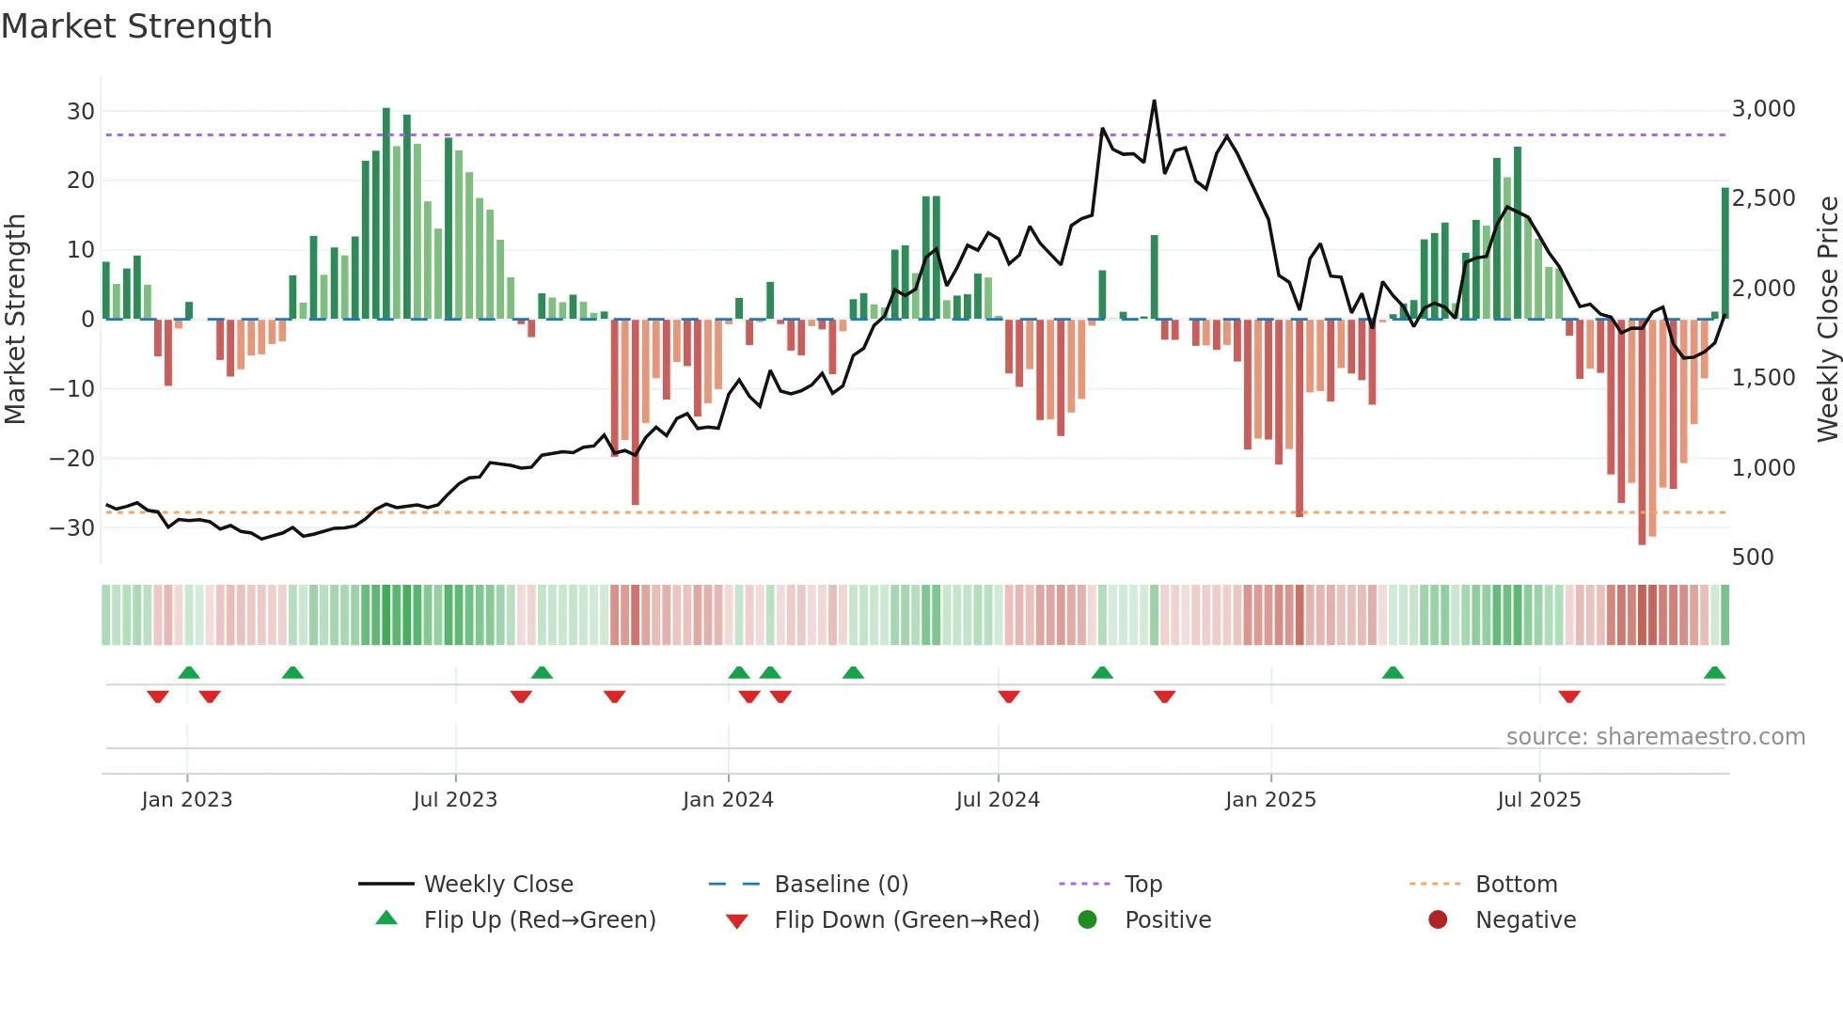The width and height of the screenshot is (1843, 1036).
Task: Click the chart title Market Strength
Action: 136,26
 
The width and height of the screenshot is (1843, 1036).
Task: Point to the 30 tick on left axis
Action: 80,111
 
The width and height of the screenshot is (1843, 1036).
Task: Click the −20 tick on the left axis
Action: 72,458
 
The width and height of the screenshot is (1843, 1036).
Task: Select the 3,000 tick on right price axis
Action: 1763,109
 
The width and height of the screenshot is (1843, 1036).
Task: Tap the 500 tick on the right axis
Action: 1753,557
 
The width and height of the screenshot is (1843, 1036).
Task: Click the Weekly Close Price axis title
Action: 1827,319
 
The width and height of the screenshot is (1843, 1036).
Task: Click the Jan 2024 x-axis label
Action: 728,799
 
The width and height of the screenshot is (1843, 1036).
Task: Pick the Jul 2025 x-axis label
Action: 1538,799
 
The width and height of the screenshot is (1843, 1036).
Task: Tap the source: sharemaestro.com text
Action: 1655,736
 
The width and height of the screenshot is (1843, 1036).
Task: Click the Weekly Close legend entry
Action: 497,884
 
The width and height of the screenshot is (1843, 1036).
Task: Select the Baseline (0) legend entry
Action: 841,884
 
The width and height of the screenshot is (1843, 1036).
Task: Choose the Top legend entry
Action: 1142,884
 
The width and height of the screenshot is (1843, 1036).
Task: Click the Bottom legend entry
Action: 1516,884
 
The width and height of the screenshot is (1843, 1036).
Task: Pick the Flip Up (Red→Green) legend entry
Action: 539,919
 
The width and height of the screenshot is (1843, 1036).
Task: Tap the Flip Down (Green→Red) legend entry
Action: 906,919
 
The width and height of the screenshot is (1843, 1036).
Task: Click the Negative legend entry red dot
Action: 1438,919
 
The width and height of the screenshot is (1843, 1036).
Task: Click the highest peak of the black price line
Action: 1154,102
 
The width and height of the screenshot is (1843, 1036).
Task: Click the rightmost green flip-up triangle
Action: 1714,673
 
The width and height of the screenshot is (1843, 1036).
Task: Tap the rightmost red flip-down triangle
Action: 1568,697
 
